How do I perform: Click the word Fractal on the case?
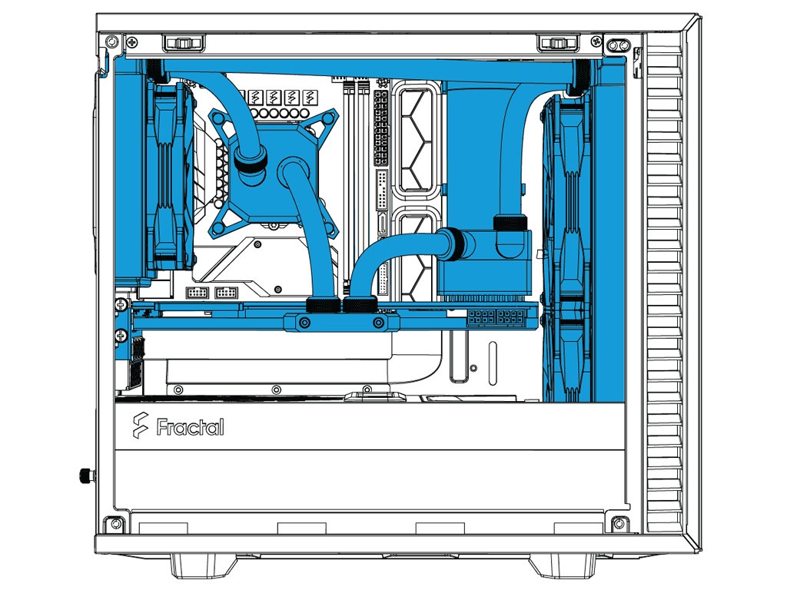[191, 426]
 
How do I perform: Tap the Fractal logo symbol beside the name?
[140, 425]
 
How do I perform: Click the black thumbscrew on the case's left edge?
[84, 476]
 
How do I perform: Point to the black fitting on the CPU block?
[250, 162]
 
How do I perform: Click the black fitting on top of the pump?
[511, 223]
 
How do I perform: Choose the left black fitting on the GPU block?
[319, 304]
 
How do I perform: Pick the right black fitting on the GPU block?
[357, 304]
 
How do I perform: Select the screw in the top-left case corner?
[113, 39]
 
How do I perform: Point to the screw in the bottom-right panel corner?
[616, 523]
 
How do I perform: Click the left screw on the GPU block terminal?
[305, 323]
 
